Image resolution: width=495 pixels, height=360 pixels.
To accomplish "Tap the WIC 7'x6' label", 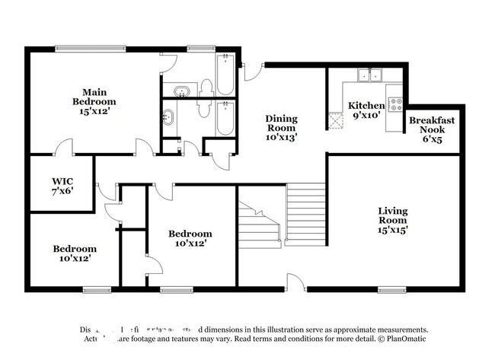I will click(62, 186).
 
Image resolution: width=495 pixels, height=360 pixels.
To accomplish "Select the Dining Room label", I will click(281, 128).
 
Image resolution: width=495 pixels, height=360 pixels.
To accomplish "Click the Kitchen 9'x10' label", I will click(366, 110).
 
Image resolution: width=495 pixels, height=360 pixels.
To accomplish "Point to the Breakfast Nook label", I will click(432, 125).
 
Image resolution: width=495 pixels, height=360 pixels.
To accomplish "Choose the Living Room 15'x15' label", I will click(393, 221).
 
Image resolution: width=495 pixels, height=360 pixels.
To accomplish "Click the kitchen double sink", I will click(371, 75).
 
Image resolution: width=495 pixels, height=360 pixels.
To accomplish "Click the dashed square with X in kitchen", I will click(336, 119).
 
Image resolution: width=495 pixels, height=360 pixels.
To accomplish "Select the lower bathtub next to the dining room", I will click(224, 118).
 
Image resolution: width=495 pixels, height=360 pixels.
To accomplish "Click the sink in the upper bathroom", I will click(180, 93).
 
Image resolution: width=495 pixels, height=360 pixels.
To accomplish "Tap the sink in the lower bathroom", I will click(168, 118).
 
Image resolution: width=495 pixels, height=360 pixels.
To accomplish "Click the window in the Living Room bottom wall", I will click(391, 288).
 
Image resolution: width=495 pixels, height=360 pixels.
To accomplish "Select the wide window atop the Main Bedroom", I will click(90, 49).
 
